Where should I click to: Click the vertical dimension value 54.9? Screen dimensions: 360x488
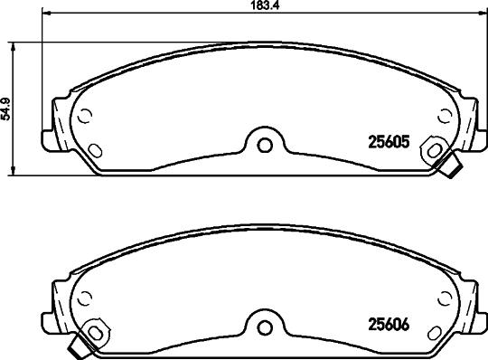[x=5, y=109]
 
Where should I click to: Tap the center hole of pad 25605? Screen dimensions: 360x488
[x=262, y=143]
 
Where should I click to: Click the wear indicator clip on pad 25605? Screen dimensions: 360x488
[x=452, y=166]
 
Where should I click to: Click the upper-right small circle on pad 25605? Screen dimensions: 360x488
[x=443, y=115]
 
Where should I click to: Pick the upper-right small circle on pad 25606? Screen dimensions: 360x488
[x=443, y=298]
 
